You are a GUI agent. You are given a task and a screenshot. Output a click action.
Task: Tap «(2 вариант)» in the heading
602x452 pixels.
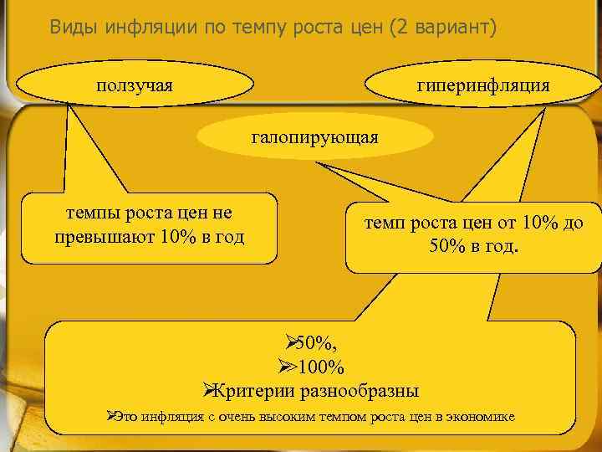pyautogui.click(x=442, y=27)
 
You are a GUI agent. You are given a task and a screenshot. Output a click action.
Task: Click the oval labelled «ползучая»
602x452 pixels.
pyautogui.click(x=135, y=85)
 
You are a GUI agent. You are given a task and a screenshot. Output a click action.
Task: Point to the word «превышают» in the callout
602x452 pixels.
pyautogui.click(x=93, y=237)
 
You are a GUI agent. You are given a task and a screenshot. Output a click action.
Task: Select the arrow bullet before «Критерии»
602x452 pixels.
pyautogui.click(x=211, y=390)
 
